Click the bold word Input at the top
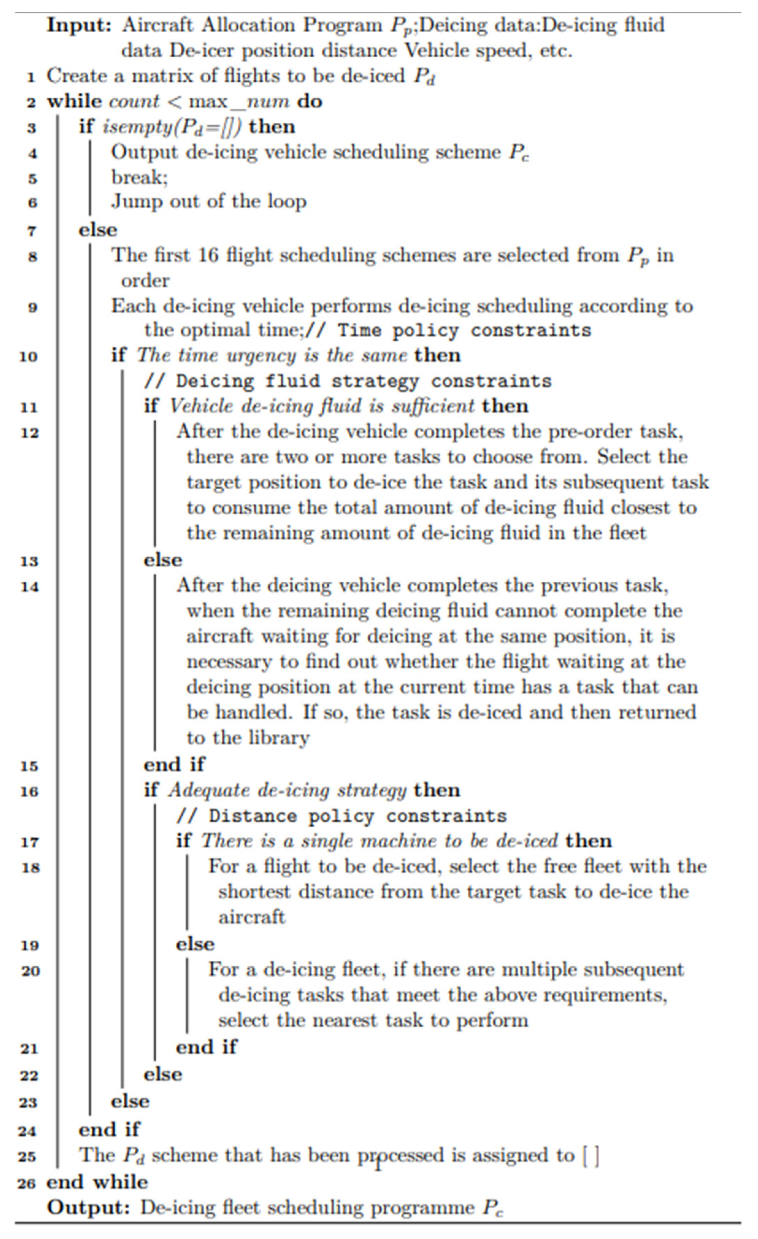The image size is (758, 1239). (79, 25)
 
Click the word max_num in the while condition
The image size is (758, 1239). (239, 101)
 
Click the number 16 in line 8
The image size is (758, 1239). (208, 255)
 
